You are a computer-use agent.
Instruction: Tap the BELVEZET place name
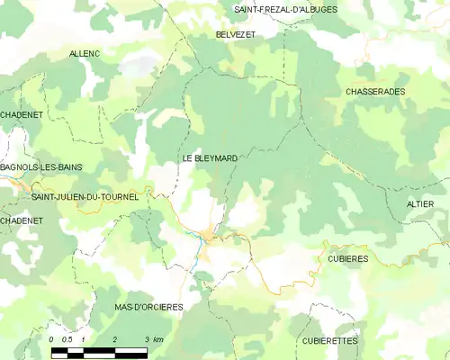(236, 33)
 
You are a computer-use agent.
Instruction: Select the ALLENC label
(85, 54)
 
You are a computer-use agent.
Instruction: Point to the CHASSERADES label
(375, 92)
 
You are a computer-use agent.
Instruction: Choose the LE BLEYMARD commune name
(210, 158)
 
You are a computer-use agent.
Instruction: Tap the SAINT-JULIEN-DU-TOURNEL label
(85, 197)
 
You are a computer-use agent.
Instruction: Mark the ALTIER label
(420, 204)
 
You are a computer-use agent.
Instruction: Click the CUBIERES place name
(341, 258)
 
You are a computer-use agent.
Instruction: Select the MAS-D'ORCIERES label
(148, 307)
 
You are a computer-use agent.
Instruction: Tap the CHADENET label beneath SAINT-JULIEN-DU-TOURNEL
(22, 220)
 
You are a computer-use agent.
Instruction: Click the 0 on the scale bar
(52, 339)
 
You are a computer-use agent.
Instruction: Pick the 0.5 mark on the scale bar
(67, 339)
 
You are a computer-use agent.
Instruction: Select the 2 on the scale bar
(115, 339)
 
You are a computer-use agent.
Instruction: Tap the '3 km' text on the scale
(152, 339)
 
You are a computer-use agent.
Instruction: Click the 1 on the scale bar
(83, 339)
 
